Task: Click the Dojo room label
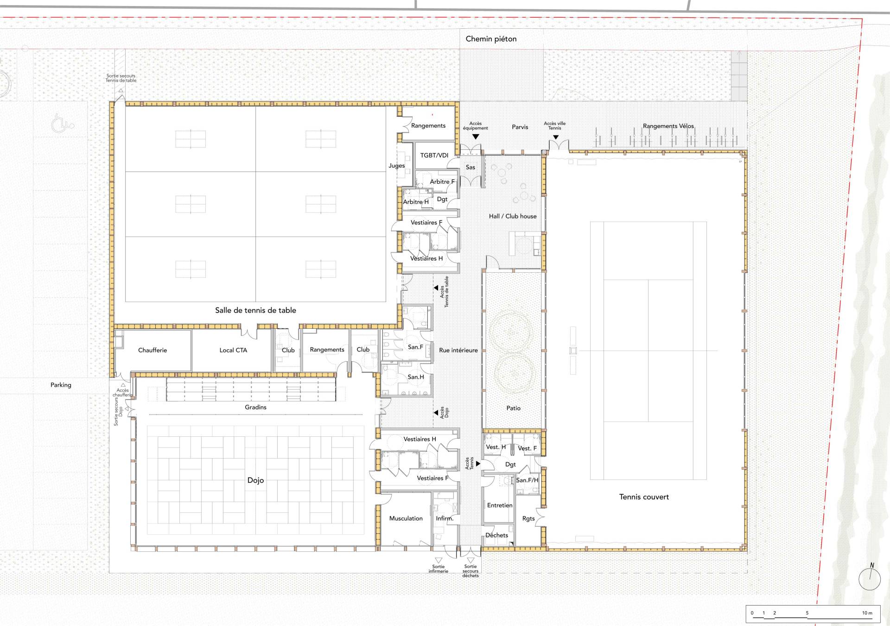click(255, 480)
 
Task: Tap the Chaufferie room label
click(153, 350)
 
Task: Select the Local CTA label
click(233, 350)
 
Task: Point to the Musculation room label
click(406, 518)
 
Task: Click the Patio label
click(514, 408)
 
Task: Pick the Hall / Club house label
click(513, 216)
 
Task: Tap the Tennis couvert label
click(644, 497)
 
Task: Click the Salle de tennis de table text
click(255, 310)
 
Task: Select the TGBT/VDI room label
click(434, 155)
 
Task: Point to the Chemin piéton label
click(491, 39)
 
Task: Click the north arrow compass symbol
click(870, 579)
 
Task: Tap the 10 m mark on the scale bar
click(867, 613)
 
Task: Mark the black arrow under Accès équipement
click(476, 137)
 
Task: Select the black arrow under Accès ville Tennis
click(555, 137)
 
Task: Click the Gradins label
click(255, 407)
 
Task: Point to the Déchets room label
click(497, 535)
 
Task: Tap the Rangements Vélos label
click(668, 126)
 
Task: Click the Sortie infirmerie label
click(439, 569)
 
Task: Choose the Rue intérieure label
click(458, 350)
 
